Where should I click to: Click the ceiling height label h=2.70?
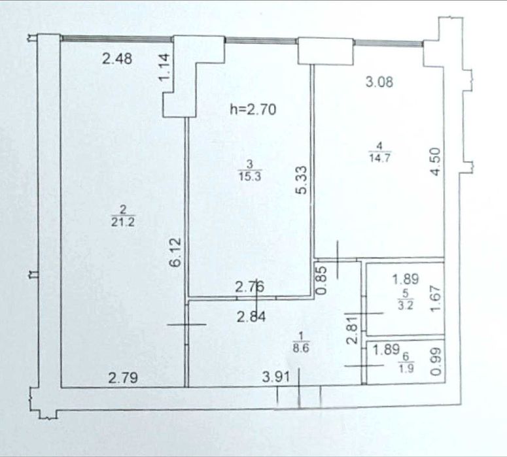pos(253,109)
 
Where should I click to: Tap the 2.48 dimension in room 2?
pos(117,59)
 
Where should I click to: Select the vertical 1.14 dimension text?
pos(164,67)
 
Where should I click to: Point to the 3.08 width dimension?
pos(379,82)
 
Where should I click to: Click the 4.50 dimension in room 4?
pos(436,161)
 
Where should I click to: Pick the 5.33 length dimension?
pos(302,180)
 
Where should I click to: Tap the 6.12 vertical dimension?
pos(176,252)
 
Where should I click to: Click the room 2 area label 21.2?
pos(123,222)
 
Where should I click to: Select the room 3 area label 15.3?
pos(250,176)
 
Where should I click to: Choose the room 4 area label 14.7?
pos(379,158)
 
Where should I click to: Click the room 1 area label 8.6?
pos(301,348)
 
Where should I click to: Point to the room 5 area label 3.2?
pos(406,305)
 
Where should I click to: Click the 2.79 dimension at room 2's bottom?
pos(123,377)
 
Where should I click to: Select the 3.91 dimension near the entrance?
pos(276,377)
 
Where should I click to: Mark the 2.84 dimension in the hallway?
pos(251,316)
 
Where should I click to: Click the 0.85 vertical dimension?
pos(322,280)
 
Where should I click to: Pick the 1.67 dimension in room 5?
pos(436,298)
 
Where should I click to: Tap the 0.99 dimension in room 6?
pos(436,362)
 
